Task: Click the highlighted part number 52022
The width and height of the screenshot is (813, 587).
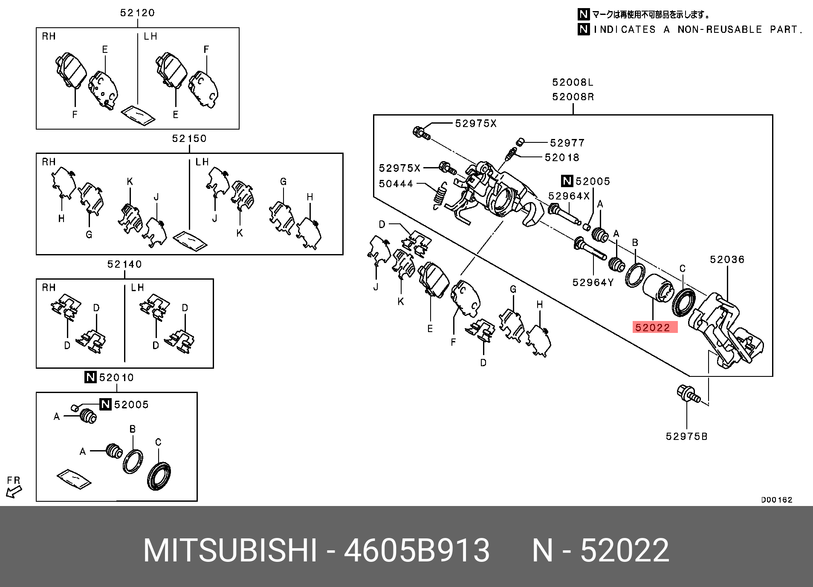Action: click(653, 327)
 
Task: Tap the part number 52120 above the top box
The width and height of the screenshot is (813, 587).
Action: click(137, 13)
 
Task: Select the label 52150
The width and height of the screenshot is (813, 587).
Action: click(189, 139)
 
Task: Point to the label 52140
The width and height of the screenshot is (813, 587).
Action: click(124, 264)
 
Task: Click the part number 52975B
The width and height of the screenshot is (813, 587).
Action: click(686, 437)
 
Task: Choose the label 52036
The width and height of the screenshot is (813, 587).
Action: click(727, 260)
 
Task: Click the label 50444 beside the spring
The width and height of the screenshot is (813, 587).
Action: click(396, 184)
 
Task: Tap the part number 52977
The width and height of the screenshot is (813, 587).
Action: click(567, 143)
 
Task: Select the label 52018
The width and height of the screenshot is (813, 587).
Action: click(562, 158)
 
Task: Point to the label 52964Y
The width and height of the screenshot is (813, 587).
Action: click(593, 283)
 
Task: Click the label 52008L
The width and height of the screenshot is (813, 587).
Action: click(573, 82)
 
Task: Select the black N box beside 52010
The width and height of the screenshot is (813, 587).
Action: click(90, 377)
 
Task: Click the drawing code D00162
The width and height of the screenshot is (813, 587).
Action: click(776, 500)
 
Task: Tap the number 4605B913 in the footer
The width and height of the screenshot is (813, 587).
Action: click(417, 550)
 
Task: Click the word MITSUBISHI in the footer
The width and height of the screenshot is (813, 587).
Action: click(230, 550)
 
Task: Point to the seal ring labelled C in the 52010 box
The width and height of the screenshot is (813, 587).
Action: click(159, 475)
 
